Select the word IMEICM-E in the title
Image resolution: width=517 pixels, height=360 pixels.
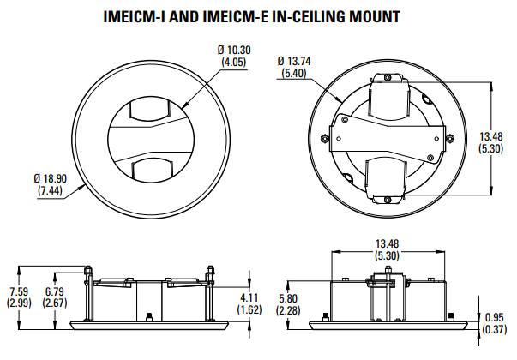235,16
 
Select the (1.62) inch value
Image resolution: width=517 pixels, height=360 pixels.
249,309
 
